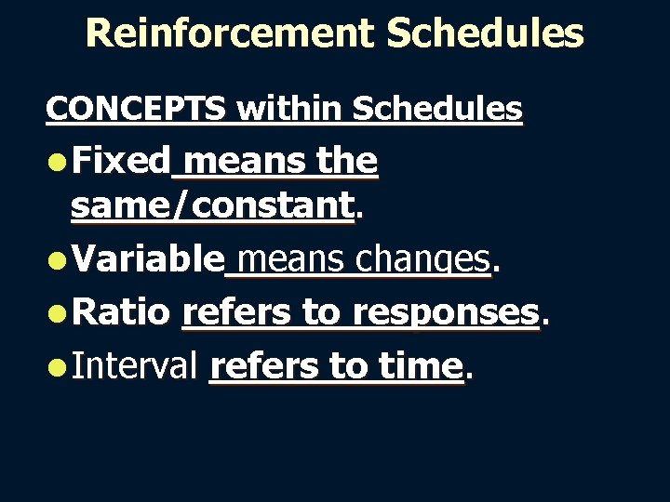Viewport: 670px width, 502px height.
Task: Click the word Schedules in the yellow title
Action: [x=485, y=33]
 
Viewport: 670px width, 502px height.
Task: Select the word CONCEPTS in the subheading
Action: [x=135, y=109]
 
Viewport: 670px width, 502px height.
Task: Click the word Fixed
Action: [x=121, y=162]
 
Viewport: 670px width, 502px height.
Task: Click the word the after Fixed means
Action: [x=346, y=162]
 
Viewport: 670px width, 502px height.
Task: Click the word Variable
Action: [x=148, y=259]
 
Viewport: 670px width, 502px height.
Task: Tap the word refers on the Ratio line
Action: [x=237, y=312]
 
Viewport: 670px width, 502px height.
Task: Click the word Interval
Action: [x=135, y=366]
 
